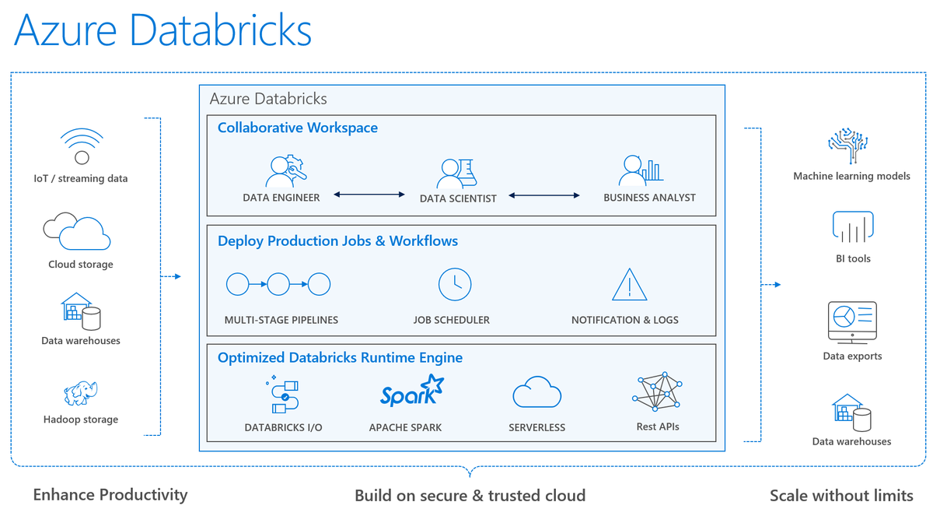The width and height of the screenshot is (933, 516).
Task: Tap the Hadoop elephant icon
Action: point(81,393)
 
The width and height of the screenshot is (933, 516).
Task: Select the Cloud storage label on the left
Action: point(81,265)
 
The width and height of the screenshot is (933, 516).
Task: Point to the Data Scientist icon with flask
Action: point(456,174)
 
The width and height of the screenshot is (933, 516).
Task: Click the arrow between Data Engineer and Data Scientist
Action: point(369,195)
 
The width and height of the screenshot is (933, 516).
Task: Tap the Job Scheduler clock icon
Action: point(455,284)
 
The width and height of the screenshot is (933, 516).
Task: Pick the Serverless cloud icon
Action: point(536,392)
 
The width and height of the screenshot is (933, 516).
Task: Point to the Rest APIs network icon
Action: point(657,392)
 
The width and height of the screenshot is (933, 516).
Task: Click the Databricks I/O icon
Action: point(281,394)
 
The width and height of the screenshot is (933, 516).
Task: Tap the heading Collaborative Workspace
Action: point(297,128)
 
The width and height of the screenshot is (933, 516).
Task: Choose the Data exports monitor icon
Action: point(852,321)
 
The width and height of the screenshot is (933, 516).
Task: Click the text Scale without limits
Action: point(841,496)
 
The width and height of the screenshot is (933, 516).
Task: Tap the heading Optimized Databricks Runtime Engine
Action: point(340,358)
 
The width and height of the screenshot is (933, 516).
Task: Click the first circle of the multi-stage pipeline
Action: point(237,284)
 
